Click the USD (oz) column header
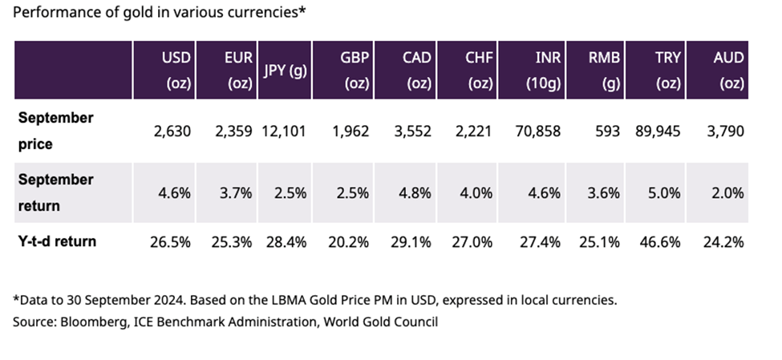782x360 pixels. point(176,70)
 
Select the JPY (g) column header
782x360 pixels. point(285,70)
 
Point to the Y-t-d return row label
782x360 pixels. point(57,241)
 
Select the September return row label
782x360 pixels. point(55,192)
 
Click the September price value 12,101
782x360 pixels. point(285,131)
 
